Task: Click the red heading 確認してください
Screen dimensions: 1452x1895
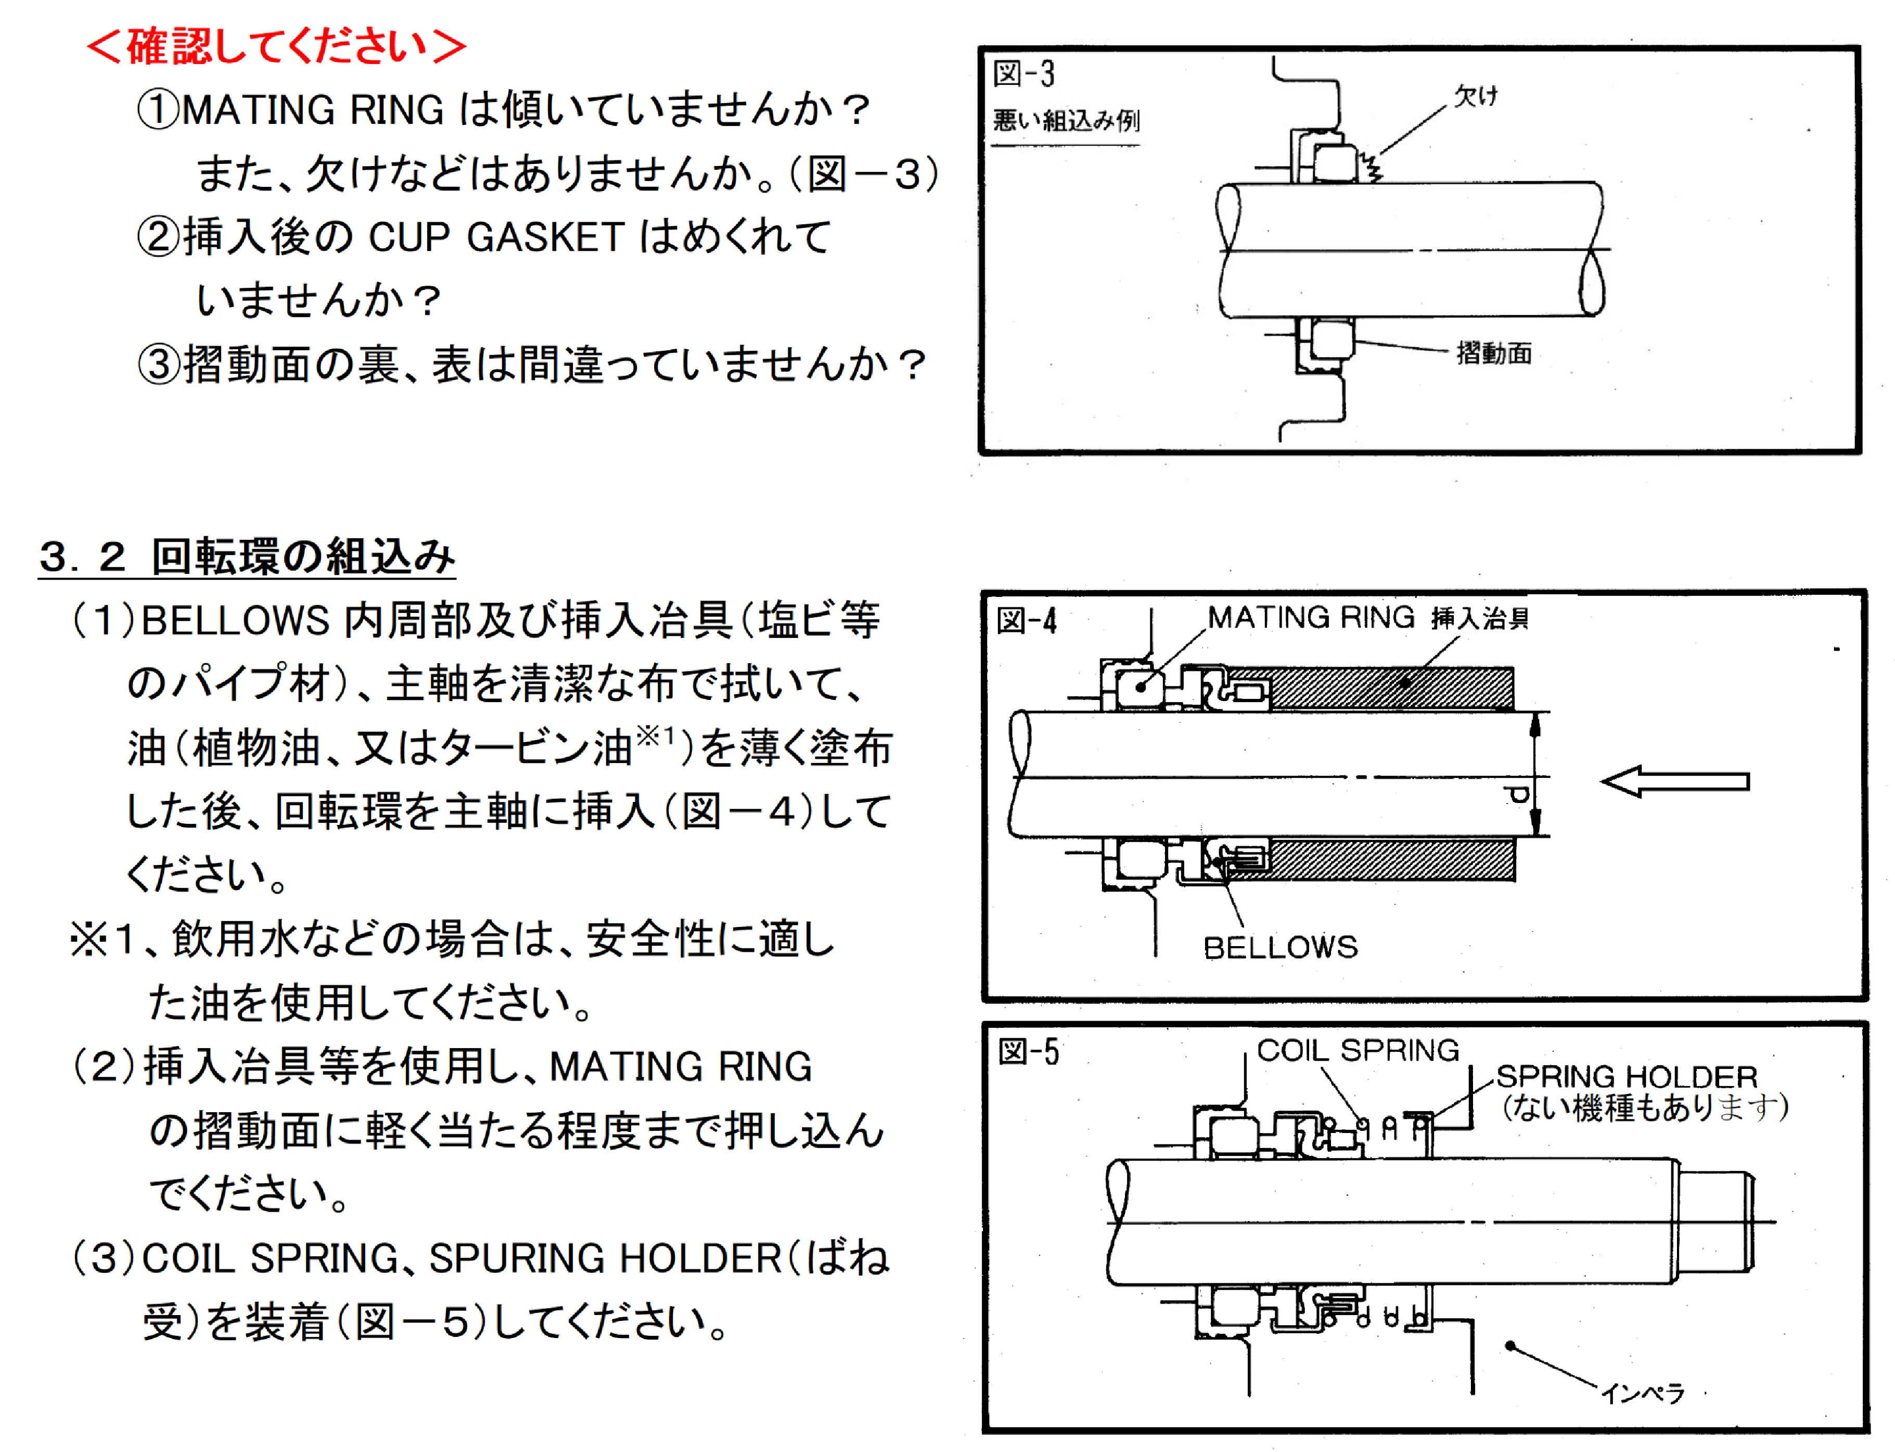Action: tap(276, 46)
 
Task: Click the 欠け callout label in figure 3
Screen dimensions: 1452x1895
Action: tap(1476, 95)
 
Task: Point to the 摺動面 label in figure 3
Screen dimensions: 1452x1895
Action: tap(1494, 353)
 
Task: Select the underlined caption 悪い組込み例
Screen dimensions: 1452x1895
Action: tap(1066, 120)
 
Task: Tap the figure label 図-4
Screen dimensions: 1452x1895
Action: tap(1027, 620)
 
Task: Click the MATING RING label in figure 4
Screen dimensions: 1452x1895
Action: tap(1310, 617)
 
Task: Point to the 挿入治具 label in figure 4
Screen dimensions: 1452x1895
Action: tap(1479, 619)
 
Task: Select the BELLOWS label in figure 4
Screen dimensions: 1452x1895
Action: tap(1281, 947)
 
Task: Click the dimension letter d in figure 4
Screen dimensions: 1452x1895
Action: tap(1517, 794)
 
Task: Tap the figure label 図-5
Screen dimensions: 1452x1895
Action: tap(1028, 1052)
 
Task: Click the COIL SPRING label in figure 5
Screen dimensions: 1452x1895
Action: tap(1358, 1050)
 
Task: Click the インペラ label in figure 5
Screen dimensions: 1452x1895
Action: tap(1642, 1392)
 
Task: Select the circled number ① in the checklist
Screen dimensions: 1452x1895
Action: tap(158, 110)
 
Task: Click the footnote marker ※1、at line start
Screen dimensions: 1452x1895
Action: tap(112, 939)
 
